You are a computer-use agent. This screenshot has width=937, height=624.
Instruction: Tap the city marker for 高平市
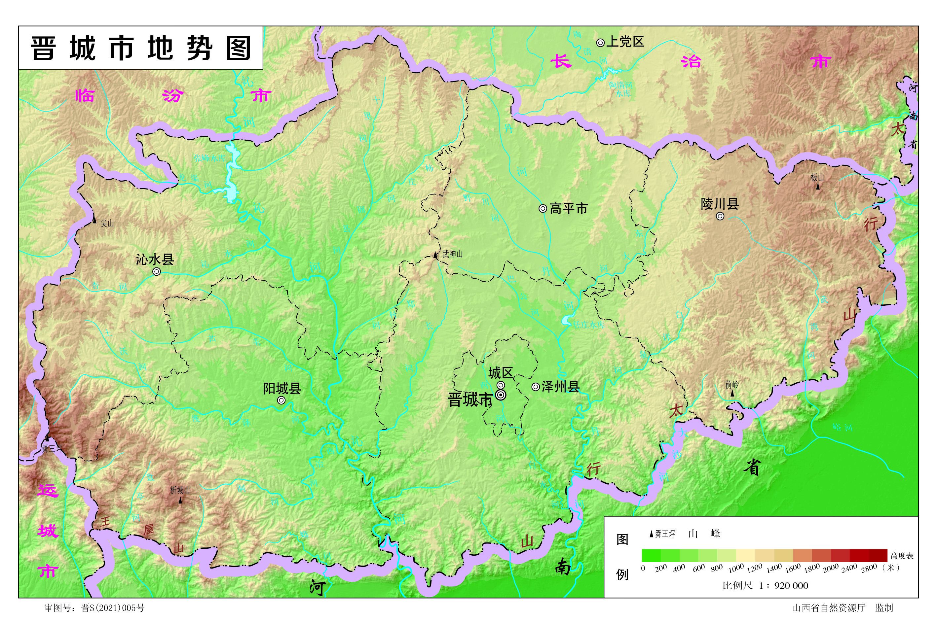543,208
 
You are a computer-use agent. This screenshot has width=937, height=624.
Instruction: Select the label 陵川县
720,204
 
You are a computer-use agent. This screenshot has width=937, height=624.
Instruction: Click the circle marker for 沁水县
157,271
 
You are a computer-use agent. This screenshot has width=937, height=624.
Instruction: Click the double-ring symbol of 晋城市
501,395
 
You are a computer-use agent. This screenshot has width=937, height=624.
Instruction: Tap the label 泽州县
560,386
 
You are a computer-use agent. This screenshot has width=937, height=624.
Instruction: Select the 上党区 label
625,42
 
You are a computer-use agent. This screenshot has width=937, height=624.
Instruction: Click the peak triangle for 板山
818,186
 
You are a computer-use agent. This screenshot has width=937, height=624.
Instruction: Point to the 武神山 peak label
452,254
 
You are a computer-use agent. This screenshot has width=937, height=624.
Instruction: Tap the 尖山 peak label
107,224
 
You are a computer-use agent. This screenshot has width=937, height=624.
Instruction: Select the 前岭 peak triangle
732,393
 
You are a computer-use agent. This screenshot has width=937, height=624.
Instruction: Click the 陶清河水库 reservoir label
620,89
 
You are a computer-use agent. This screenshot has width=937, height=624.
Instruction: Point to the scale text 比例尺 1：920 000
765,585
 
